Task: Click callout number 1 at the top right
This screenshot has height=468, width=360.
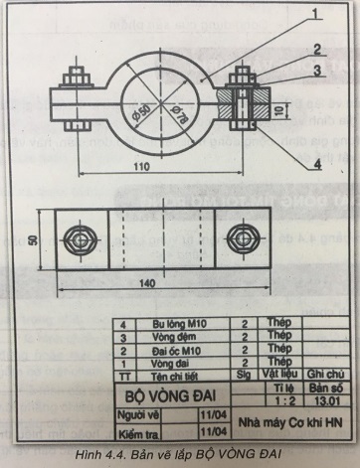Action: (x=313, y=14)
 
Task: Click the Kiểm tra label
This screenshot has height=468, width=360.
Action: (x=136, y=433)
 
